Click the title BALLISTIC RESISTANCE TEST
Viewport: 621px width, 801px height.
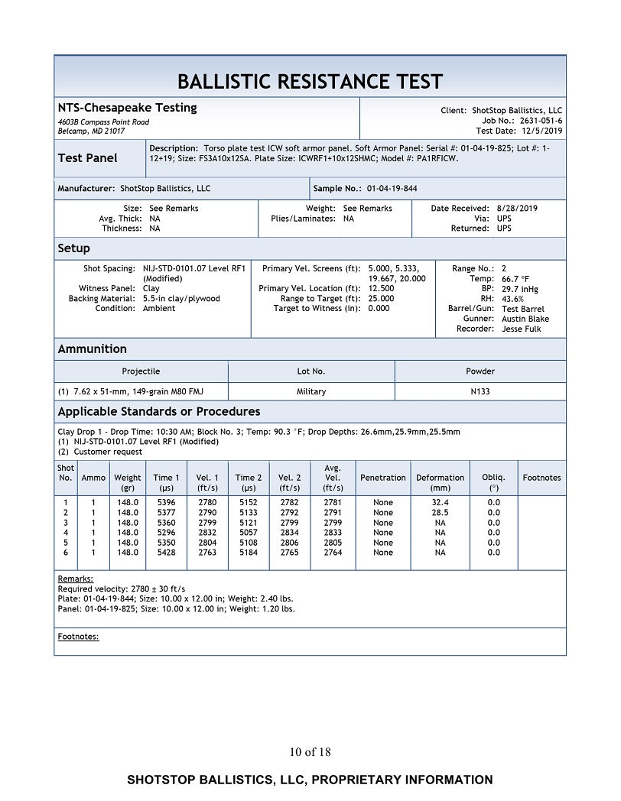coord(310,81)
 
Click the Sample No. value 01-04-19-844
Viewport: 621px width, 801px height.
coord(392,188)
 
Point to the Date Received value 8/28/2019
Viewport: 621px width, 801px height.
coord(516,208)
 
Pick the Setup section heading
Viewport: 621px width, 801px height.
coord(74,248)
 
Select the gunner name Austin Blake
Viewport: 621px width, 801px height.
coord(525,319)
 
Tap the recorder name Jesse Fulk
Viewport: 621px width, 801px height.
coord(522,329)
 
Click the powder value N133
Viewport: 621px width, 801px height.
coord(480,391)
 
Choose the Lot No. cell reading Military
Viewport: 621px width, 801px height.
coord(311,391)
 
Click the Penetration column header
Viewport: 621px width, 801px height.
coord(383,478)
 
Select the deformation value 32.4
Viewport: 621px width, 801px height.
coord(441,502)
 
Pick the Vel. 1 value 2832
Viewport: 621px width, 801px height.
coord(207,532)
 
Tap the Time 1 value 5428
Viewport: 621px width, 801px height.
coord(166,552)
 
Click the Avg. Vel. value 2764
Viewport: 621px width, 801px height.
coord(333,552)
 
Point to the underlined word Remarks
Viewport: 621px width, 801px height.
coord(76,579)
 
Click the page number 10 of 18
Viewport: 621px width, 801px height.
coord(310,752)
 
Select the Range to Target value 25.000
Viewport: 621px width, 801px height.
coord(381,299)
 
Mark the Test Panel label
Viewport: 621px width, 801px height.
coord(88,158)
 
